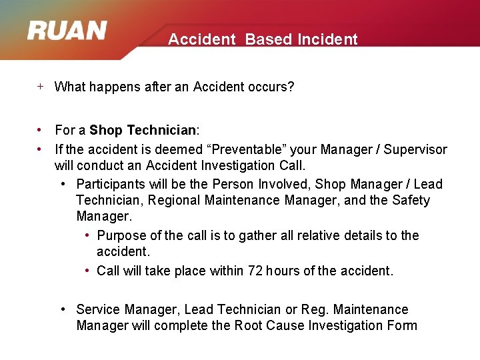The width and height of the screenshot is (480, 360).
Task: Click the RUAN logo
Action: pos(67,31)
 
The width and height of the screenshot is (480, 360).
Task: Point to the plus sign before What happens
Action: pos(41,86)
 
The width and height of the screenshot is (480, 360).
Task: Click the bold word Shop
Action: pos(107,130)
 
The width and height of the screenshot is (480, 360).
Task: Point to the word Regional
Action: pos(173,200)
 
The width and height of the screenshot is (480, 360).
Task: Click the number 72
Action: pos(255,271)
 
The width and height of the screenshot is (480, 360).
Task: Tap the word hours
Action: pos(283,271)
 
